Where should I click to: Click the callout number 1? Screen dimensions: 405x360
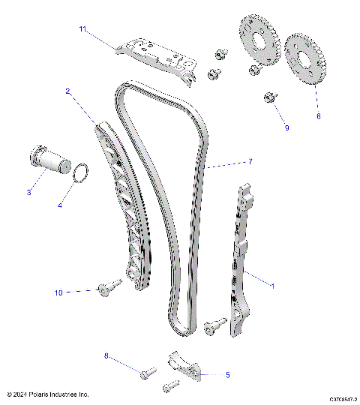coord(271,286)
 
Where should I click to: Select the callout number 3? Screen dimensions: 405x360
coord(29,193)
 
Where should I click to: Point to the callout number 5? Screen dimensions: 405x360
coord(227,373)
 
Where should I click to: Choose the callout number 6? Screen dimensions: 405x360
coord(318,116)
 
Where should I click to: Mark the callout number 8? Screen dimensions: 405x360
coord(106,357)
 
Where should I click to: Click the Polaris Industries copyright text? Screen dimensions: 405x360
coord(48,394)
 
